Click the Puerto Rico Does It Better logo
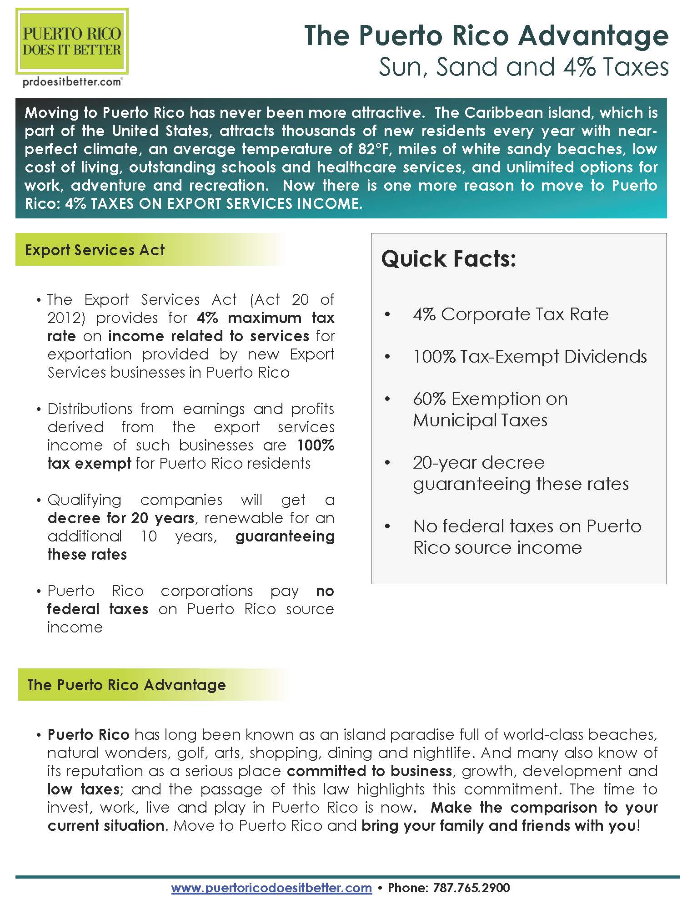click(72, 41)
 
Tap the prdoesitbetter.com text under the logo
click(72, 82)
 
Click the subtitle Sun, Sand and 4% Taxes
click(523, 67)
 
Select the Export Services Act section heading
click(95, 250)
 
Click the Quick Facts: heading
click(448, 259)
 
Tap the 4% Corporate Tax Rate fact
click(510, 314)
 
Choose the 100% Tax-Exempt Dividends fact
click(530, 357)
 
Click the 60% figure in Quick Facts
click(429, 399)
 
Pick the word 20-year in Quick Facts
click(445, 463)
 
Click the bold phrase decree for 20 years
click(121, 518)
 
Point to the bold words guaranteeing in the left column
click(285, 536)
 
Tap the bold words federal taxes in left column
click(98, 609)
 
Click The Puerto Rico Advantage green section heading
click(126, 685)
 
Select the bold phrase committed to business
click(369, 771)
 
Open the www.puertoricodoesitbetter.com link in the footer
click(271, 887)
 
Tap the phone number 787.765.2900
click(471, 887)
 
